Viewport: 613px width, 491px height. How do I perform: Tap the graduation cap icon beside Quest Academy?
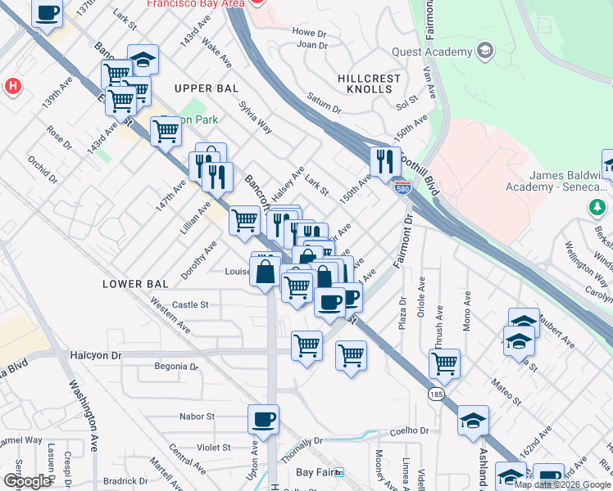pos(485,52)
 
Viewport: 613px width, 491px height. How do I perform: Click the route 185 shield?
pos(434,395)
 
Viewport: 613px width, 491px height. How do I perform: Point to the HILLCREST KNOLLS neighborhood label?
pos(370,83)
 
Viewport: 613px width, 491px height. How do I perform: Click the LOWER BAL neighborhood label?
pos(135,283)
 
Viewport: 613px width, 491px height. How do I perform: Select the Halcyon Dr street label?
pos(95,356)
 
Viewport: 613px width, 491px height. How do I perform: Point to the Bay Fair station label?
pos(316,472)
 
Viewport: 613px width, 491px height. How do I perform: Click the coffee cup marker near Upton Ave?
pos(263,419)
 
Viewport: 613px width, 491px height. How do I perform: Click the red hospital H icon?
pos(12,85)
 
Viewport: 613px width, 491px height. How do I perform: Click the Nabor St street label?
pos(198,416)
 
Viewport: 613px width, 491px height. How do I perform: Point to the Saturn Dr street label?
pos(324,104)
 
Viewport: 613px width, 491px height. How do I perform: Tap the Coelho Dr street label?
pos(410,430)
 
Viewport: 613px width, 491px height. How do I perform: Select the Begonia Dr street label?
pos(176,366)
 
